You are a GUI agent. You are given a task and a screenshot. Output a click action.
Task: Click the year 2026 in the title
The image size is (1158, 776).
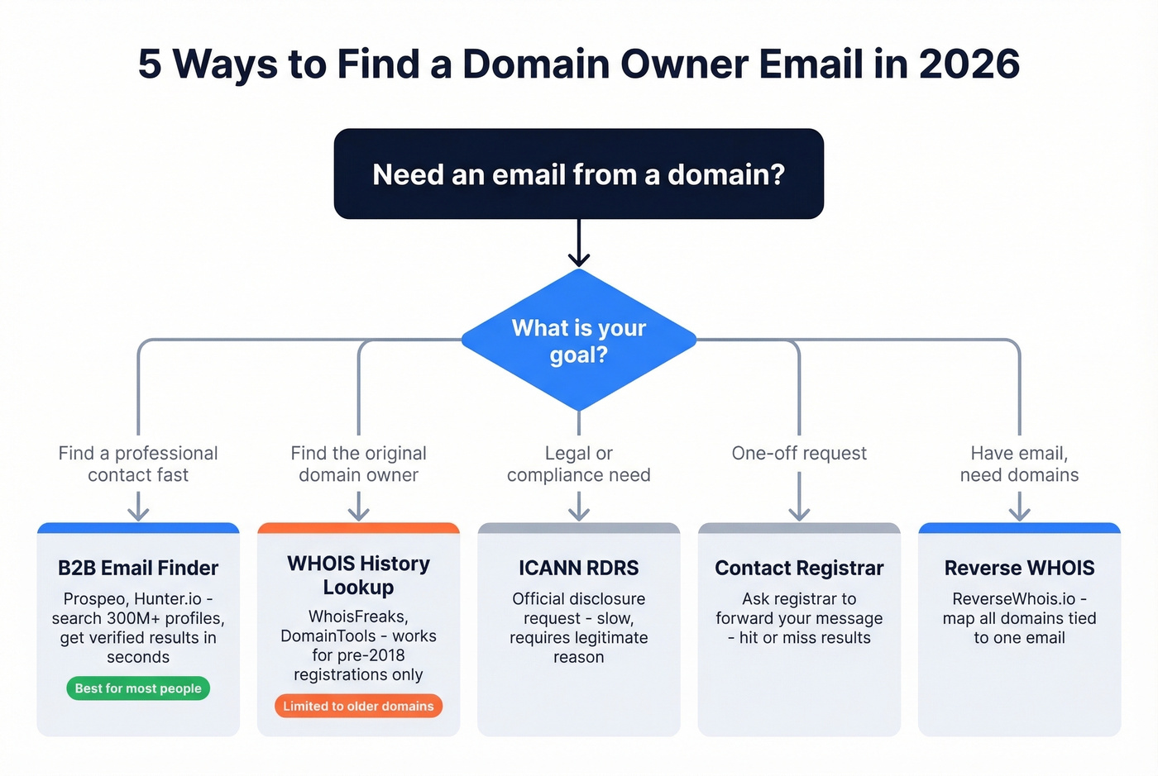tap(969, 64)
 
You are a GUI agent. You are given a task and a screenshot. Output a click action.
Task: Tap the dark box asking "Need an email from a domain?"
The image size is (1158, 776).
tap(578, 174)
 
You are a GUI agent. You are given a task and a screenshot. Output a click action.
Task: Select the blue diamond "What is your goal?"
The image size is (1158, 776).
tap(578, 340)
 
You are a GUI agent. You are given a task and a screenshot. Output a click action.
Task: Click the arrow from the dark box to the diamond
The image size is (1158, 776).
tap(578, 243)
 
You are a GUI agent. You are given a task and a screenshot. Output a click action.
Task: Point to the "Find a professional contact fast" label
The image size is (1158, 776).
tap(138, 464)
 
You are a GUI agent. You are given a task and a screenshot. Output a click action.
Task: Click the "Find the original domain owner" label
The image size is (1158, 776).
tap(358, 464)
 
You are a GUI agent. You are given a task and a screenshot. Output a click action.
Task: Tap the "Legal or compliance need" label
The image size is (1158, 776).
tap(578, 464)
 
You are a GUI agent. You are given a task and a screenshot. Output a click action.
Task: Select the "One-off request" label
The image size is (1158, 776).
tap(799, 453)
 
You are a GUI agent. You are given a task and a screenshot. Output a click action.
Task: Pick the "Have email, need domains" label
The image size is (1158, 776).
tap(1019, 464)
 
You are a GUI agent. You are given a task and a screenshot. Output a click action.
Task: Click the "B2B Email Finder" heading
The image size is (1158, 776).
tap(138, 568)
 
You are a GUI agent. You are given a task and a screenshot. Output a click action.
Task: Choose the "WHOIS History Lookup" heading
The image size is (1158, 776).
tap(358, 575)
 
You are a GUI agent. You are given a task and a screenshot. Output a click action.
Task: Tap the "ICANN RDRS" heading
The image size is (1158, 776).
tap(578, 568)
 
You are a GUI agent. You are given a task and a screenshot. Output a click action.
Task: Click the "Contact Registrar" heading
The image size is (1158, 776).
tap(799, 568)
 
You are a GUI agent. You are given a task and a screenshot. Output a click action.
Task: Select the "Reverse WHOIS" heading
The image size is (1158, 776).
tap(1019, 568)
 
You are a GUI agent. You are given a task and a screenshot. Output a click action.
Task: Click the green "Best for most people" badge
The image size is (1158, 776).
tap(138, 688)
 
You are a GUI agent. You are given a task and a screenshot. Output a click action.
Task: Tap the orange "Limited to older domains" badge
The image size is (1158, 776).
tap(358, 706)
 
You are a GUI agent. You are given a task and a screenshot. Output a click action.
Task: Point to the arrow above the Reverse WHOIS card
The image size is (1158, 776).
tap(1019, 506)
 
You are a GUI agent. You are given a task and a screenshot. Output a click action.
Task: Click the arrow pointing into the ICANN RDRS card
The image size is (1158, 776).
tap(578, 506)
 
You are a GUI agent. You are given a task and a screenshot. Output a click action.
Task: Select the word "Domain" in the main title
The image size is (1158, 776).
tap(535, 64)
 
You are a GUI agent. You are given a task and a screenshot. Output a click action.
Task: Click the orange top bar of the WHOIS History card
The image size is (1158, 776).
tap(358, 528)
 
